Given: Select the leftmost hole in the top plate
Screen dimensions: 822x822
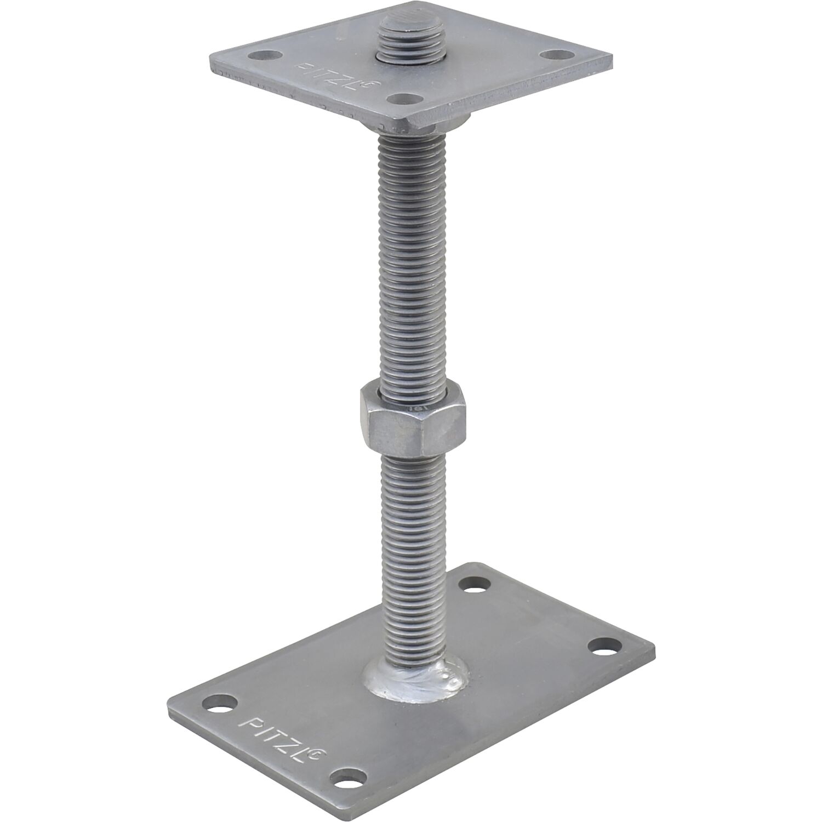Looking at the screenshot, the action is [x=264, y=55].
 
